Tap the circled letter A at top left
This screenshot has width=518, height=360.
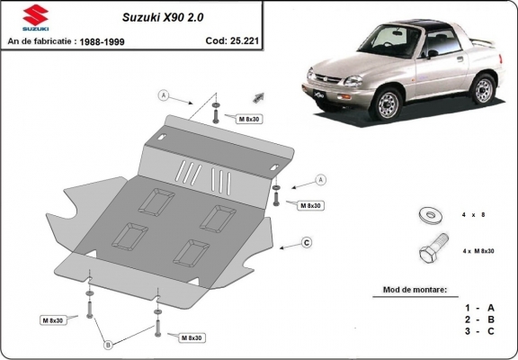(x=165, y=94)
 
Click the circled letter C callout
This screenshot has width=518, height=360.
(x=307, y=242)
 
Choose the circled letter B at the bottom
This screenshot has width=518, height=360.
(x=109, y=344)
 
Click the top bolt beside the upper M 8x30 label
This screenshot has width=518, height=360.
(x=217, y=112)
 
